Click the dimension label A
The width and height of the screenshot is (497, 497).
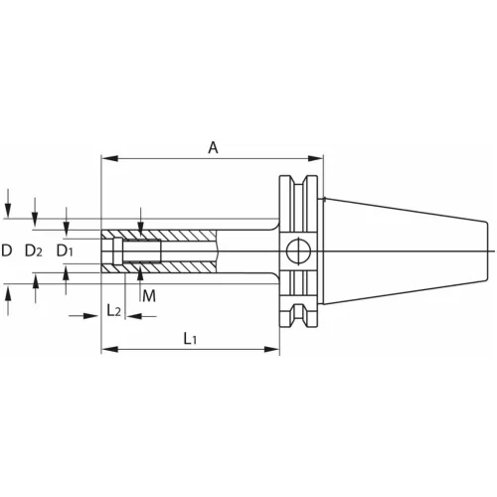tap(213, 147)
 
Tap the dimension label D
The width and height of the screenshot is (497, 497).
tap(7, 250)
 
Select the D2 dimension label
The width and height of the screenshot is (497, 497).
tap(34, 250)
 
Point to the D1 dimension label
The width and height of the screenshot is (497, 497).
tap(65, 250)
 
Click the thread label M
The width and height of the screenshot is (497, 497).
tap(149, 296)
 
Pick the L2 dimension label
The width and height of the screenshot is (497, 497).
tap(113, 311)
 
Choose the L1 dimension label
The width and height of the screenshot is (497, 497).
tap(190, 339)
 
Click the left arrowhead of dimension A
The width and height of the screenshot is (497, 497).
tap(109, 158)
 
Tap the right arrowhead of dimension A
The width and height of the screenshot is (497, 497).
tap(315, 158)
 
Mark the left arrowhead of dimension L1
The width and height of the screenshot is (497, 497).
tap(109, 349)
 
